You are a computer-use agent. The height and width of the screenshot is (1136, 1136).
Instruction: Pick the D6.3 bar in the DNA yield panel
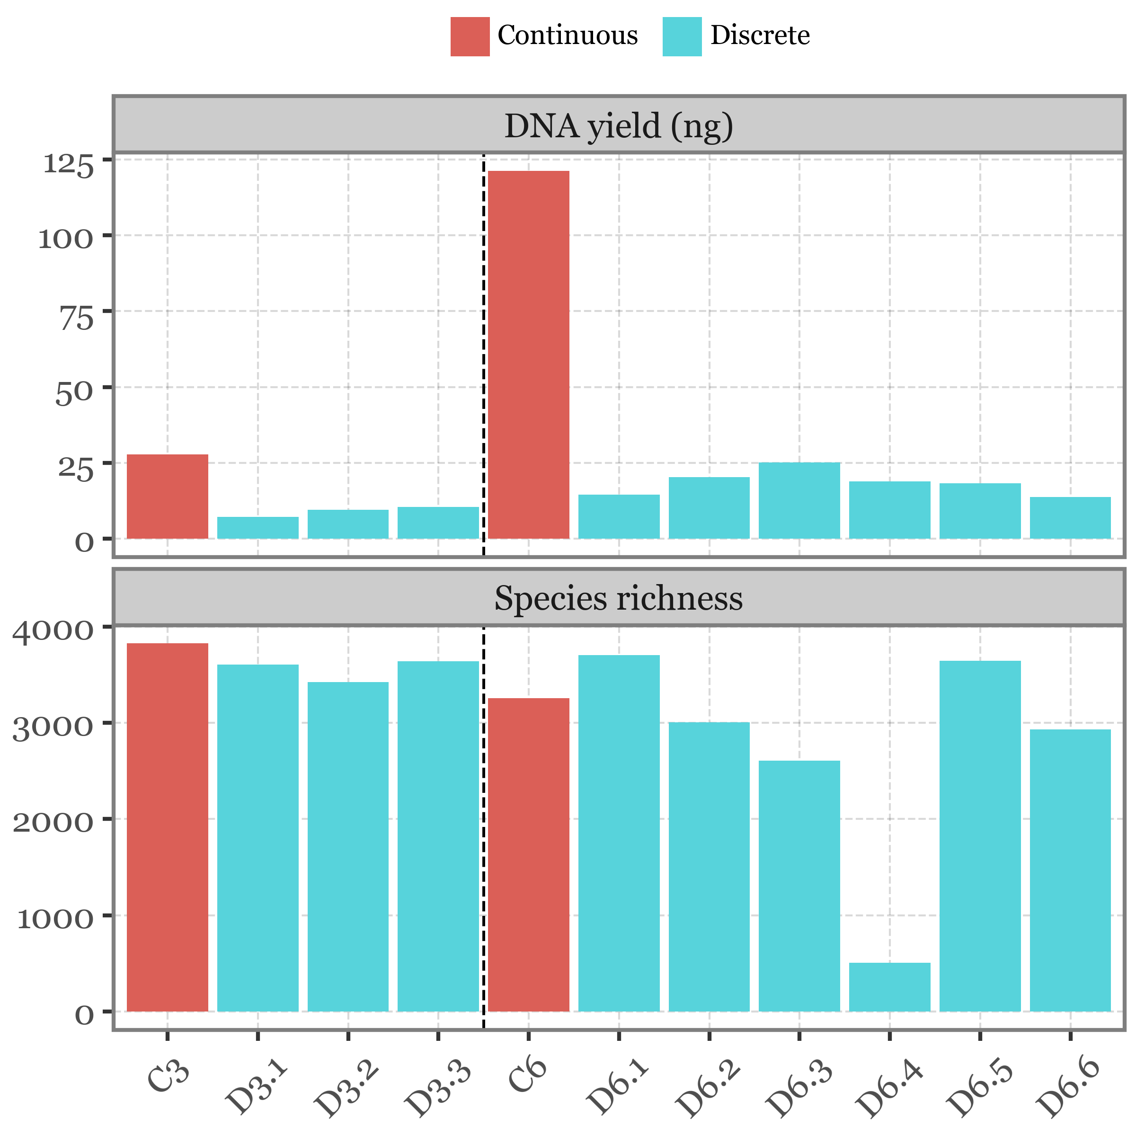tap(799, 500)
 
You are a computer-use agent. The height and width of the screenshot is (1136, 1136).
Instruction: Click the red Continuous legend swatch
tap(470, 36)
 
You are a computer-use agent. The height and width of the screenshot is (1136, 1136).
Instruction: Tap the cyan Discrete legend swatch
tap(682, 36)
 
